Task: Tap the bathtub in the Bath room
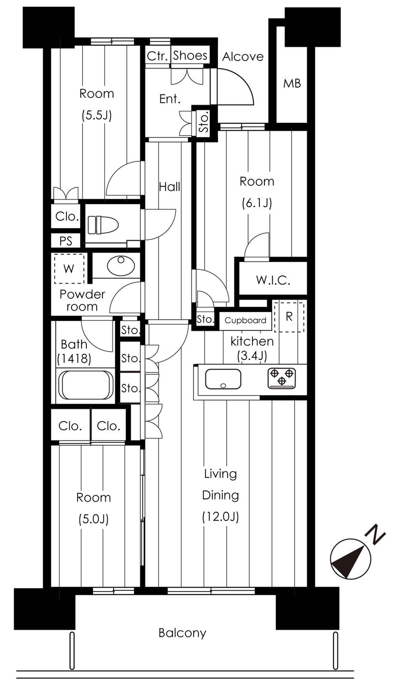click(x=86, y=385)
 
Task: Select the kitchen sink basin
click(x=223, y=379)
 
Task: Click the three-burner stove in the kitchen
click(x=282, y=378)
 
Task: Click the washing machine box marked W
click(x=69, y=269)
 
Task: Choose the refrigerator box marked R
click(x=289, y=316)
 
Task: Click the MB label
click(x=292, y=84)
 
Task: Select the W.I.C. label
click(x=273, y=280)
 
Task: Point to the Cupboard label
click(x=245, y=320)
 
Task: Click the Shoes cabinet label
click(x=190, y=56)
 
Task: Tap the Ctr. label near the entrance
click(x=158, y=56)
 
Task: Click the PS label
click(x=66, y=241)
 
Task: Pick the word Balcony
click(x=182, y=633)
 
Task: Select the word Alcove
click(x=243, y=57)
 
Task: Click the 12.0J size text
click(x=220, y=517)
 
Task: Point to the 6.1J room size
click(x=257, y=203)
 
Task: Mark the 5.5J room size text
click(x=97, y=115)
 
